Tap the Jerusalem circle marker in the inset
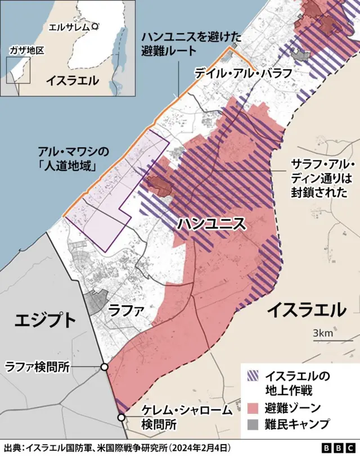pos(95,26)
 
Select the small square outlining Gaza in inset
pos(18,70)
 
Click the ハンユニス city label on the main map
pos(211,223)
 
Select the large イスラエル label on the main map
pos(307,310)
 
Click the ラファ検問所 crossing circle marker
pos(105,366)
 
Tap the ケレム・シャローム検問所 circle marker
pos(121,417)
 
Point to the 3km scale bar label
pos(323,333)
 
